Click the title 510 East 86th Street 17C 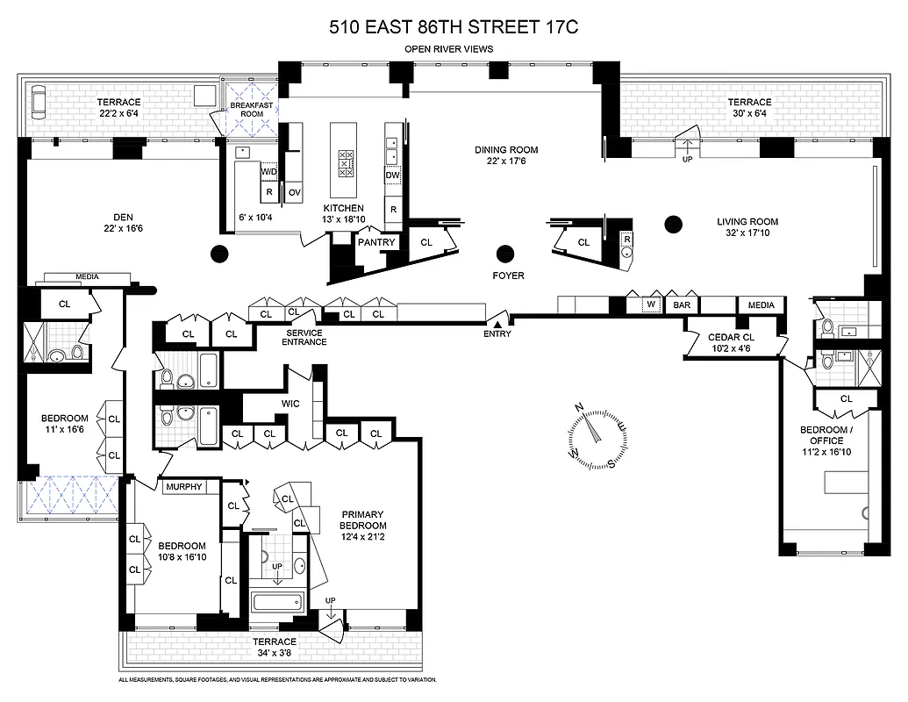(454, 27)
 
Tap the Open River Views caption (454, 49)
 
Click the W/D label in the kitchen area (269, 172)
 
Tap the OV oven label (295, 191)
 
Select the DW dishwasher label (393, 175)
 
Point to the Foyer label (508, 276)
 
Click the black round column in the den (219, 254)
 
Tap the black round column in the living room (673, 223)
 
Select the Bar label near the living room (680, 305)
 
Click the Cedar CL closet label (730, 337)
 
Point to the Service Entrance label (303, 337)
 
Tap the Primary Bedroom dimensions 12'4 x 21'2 (363, 537)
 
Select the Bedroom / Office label (825, 435)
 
